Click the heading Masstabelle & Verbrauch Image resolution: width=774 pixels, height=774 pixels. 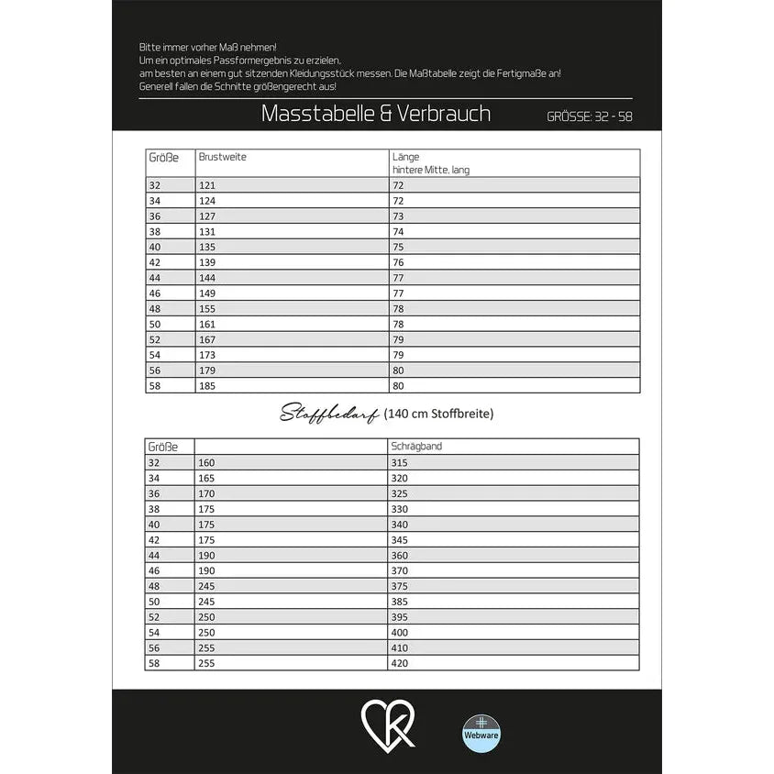click(x=376, y=114)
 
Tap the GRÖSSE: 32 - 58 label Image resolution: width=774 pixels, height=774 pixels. click(x=589, y=116)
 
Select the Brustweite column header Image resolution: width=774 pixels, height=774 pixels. click(x=223, y=157)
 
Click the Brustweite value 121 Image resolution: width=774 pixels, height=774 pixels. click(x=206, y=185)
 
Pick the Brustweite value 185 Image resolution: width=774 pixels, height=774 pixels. click(x=206, y=386)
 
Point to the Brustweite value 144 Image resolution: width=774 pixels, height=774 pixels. click(x=206, y=278)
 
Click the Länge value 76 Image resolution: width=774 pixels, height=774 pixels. click(x=398, y=262)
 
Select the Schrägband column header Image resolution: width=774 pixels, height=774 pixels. click(x=417, y=447)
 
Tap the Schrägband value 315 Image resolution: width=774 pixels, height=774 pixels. click(x=400, y=463)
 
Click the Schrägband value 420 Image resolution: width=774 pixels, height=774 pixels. click(x=400, y=663)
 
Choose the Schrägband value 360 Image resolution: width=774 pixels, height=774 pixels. click(x=400, y=556)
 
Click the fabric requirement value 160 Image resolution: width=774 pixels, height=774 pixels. click(x=206, y=463)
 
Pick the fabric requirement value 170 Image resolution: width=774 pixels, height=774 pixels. click(x=206, y=493)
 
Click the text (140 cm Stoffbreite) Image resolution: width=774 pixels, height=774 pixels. click(x=439, y=414)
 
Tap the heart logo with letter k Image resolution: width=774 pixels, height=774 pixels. click(x=388, y=724)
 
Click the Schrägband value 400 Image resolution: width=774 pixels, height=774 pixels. click(x=400, y=633)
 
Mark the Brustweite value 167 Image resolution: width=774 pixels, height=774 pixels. click(x=206, y=339)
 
